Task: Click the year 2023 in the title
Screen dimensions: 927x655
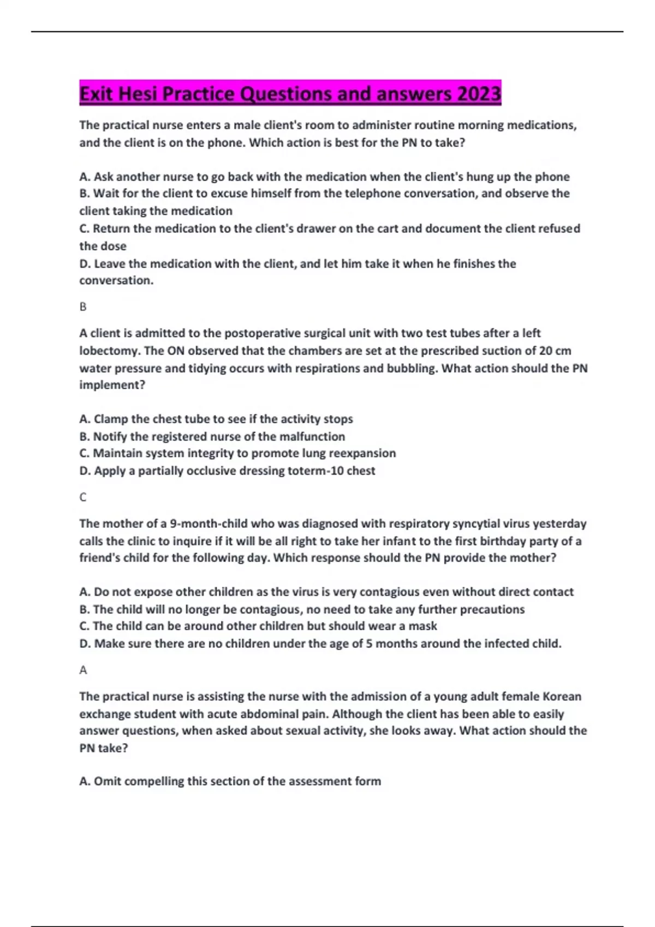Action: point(479,94)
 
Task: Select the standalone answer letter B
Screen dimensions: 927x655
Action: point(83,307)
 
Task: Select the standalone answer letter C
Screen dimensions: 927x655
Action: point(83,497)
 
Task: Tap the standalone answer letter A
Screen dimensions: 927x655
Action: point(83,670)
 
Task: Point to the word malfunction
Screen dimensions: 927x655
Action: point(312,436)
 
